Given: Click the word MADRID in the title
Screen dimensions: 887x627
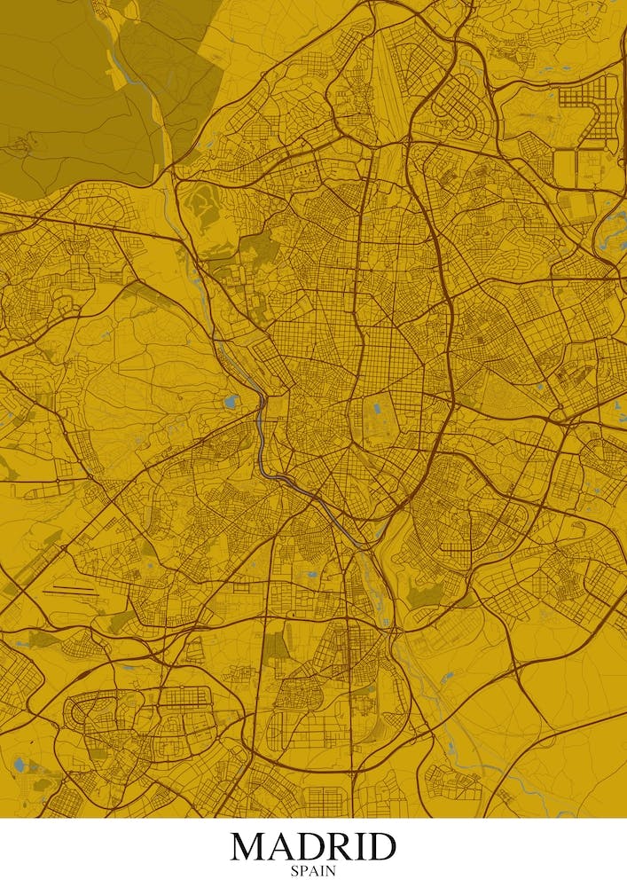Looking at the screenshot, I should pos(313,846).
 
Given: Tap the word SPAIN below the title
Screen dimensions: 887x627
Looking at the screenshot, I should pos(313,871).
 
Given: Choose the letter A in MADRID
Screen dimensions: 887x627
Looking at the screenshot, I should pos(283,846).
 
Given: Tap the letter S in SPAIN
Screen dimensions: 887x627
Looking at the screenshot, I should pos(294,871).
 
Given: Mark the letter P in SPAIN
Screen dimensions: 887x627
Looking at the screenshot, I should pos(303,871).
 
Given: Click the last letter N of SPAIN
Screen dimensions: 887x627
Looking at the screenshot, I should pos(331,871).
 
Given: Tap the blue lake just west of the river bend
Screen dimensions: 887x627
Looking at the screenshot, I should pos(231,402).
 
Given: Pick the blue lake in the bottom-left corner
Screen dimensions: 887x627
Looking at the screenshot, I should pos(20,763).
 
